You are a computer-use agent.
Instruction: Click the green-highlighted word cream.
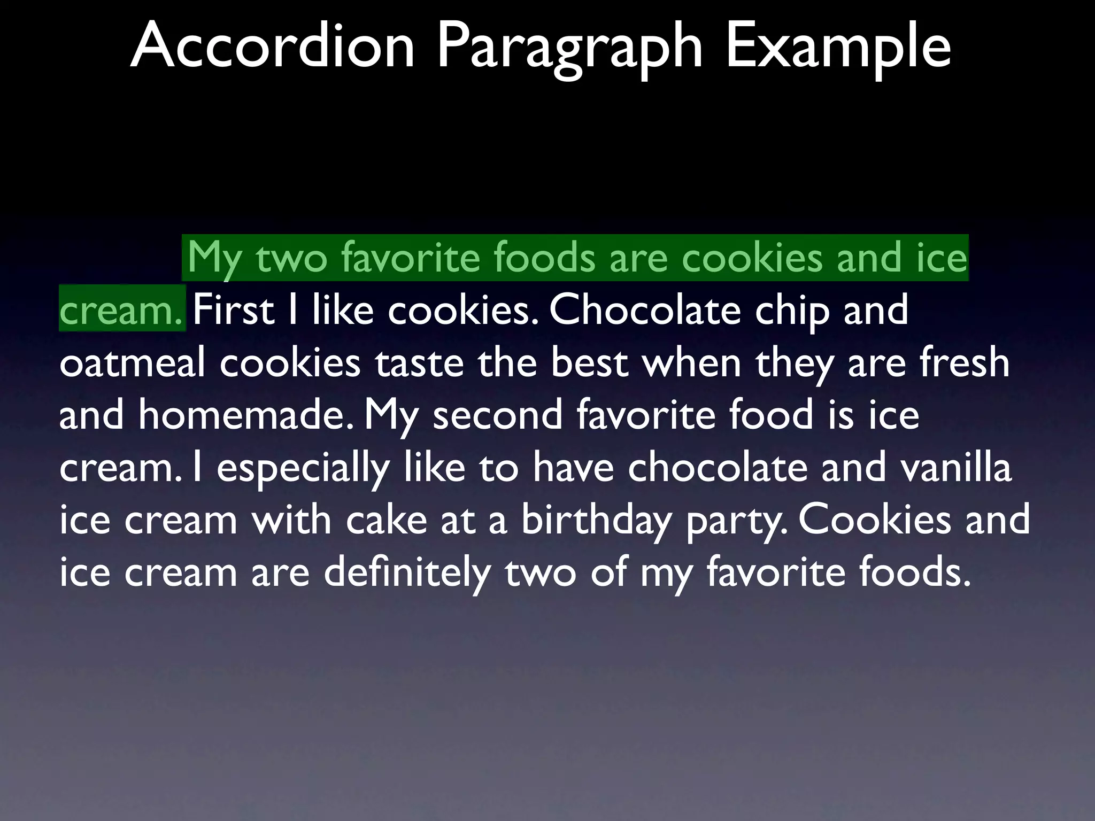pos(121,311)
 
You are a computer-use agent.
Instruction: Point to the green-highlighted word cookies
pos(752,258)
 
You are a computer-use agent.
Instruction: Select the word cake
pos(386,520)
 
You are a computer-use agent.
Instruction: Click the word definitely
pos(407,572)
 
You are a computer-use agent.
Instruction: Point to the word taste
pos(419,363)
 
